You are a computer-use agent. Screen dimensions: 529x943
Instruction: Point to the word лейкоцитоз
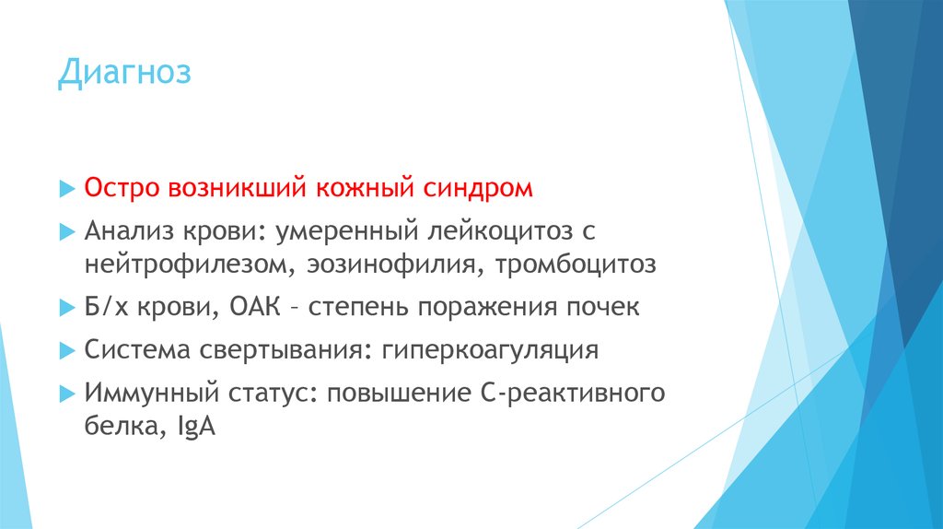pos(493,229)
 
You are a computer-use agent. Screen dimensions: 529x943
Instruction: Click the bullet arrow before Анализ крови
pos(64,229)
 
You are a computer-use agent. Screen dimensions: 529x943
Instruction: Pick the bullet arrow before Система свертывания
pos(64,351)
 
